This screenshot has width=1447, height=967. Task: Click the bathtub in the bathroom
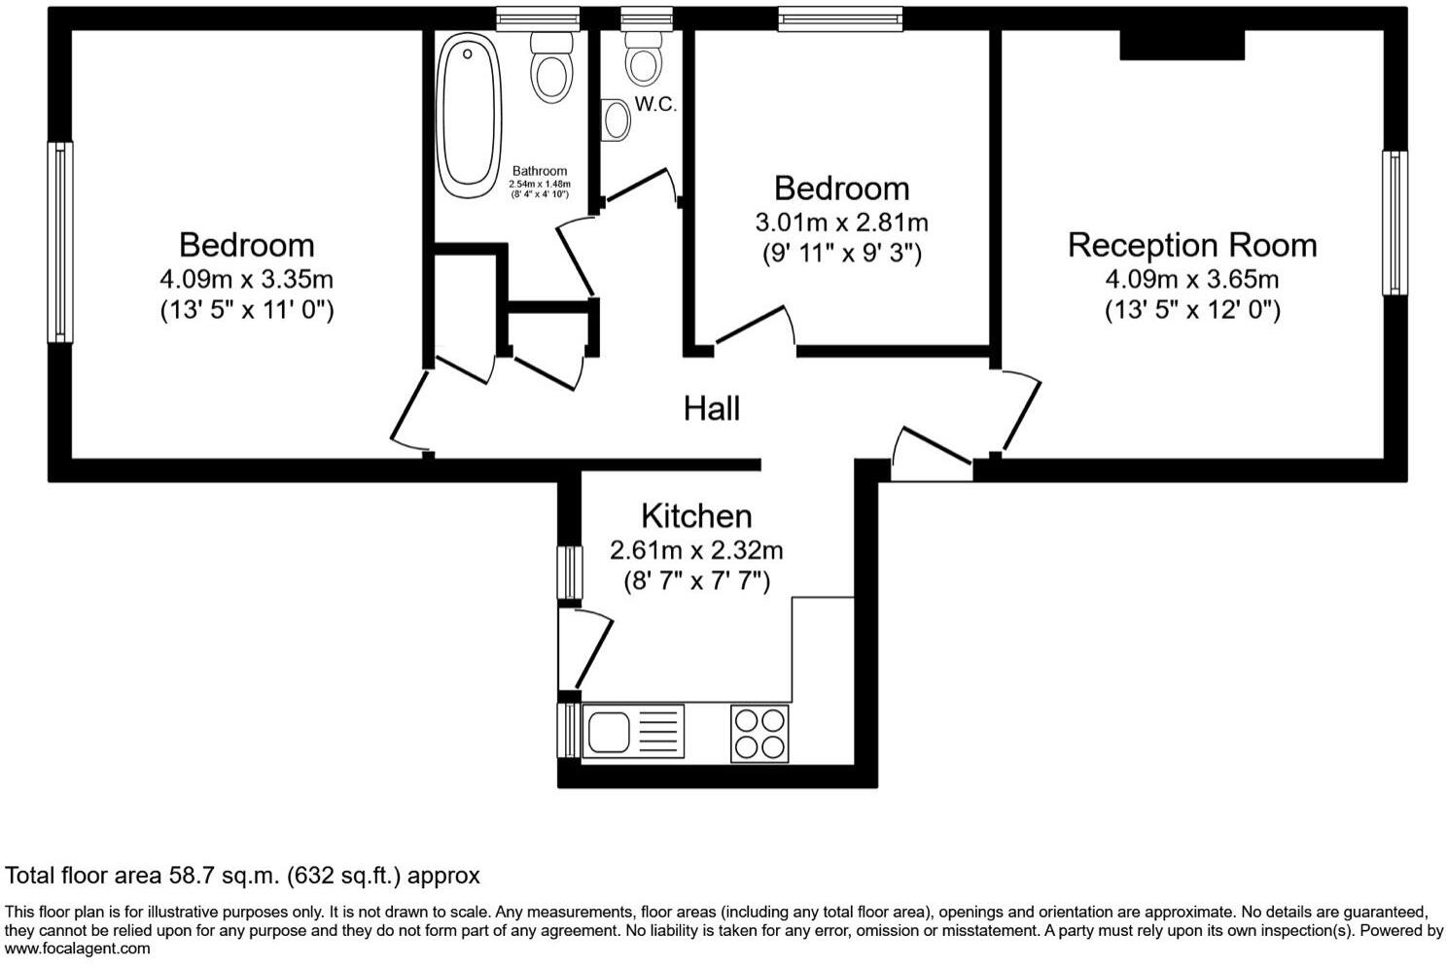pyautogui.click(x=469, y=115)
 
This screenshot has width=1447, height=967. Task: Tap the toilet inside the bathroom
pyautogui.click(x=550, y=68)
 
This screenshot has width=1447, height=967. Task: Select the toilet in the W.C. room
pyautogui.click(x=642, y=57)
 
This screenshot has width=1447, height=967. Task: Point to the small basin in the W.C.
pyautogui.click(x=616, y=121)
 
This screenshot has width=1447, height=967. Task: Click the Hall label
pyautogui.click(x=711, y=408)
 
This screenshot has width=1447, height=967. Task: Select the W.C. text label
pyautogui.click(x=655, y=105)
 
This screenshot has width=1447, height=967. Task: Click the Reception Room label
pyautogui.click(x=1191, y=245)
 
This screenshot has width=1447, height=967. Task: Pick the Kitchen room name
pyautogui.click(x=696, y=515)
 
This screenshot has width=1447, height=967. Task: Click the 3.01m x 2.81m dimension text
pyautogui.click(x=841, y=223)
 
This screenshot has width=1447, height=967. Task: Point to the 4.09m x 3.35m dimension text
pyautogui.click(x=246, y=280)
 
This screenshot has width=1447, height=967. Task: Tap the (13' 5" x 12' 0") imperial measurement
pyautogui.click(x=1191, y=311)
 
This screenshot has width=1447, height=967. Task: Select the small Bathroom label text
pyautogui.click(x=540, y=171)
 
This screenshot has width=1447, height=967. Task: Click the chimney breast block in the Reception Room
pyautogui.click(x=1182, y=45)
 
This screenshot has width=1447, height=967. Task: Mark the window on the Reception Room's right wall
pyautogui.click(x=1394, y=223)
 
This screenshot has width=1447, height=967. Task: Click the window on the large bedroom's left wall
pyautogui.click(x=60, y=242)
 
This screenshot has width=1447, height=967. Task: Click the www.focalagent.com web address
pyautogui.click(x=78, y=949)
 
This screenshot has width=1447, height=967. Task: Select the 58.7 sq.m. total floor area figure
pyautogui.click(x=221, y=876)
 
